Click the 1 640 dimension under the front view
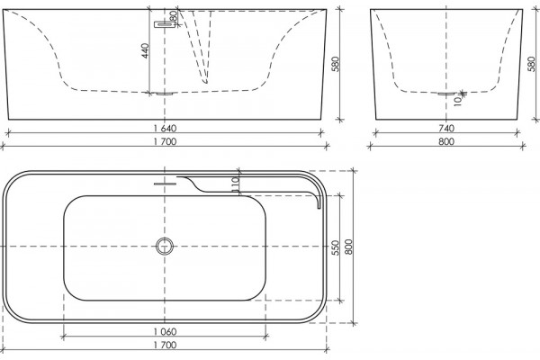point(165,129)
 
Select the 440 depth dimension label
point(145,50)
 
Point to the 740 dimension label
point(446,129)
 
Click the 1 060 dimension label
point(165,332)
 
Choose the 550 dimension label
point(336,247)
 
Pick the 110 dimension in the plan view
point(235,184)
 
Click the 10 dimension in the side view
point(457,102)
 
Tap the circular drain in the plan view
point(165,247)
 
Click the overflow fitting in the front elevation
point(165,24)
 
